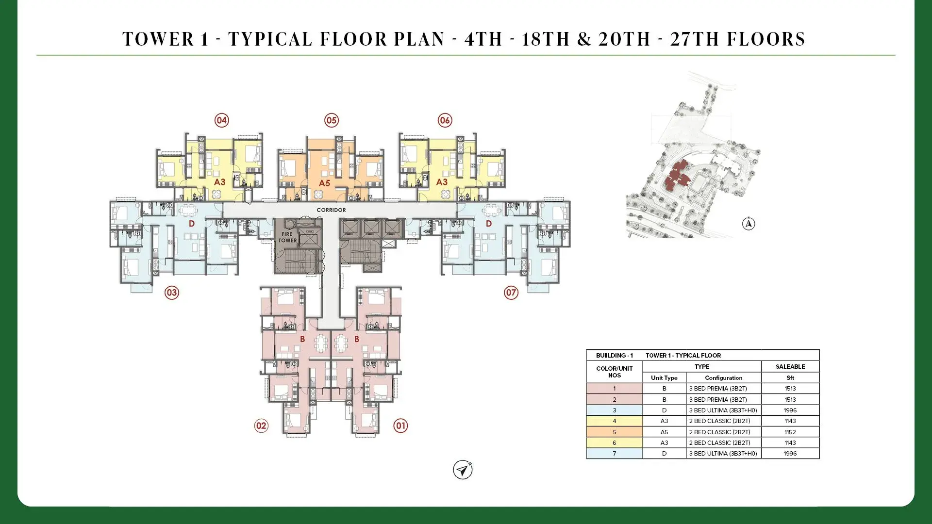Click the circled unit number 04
coord(222,120)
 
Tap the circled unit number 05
coord(332,120)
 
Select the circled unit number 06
coord(445,120)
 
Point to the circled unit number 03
coord(172,293)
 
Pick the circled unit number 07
coord(511,293)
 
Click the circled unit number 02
coord(261,426)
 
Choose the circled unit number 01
coord(400,426)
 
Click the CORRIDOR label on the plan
coord(331,210)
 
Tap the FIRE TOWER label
coord(287,237)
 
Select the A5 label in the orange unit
coord(324,183)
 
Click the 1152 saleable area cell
coord(790,432)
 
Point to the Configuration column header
coord(724,378)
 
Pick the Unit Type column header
coord(664,378)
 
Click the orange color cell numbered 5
coord(615,432)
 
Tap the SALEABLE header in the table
coord(790,367)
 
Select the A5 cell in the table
coord(665,432)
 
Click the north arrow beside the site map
coord(749,224)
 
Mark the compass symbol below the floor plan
coord(463,470)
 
